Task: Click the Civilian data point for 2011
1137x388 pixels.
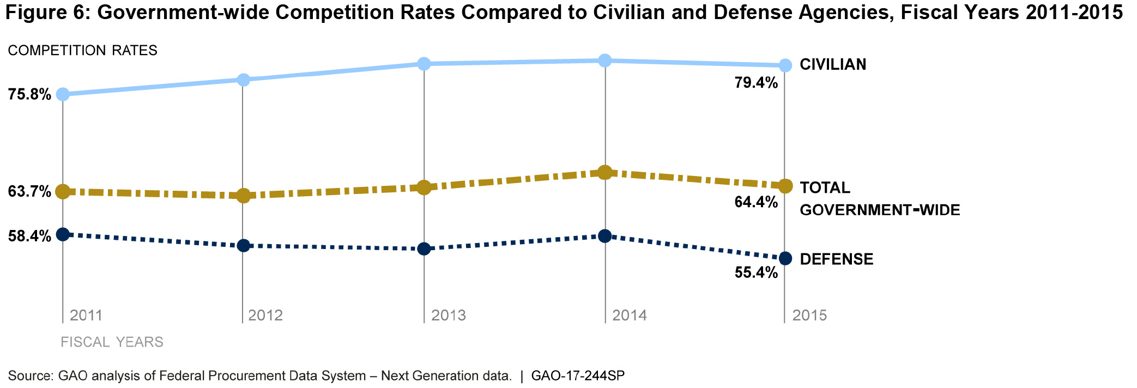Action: click(x=63, y=94)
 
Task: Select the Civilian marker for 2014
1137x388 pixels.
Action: click(x=604, y=60)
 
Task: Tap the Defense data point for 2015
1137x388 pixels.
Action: click(x=785, y=258)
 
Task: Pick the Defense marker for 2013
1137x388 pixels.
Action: click(x=424, y=249)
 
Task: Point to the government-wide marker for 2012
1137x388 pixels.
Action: click(x=244, y=195)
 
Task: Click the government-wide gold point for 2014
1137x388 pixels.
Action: click(x=604, y=172)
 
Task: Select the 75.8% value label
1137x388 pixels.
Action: click(x=29, y=95)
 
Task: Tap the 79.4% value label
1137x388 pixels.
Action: click(x=756, y=83)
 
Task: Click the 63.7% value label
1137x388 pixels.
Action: click(x=29, y=192)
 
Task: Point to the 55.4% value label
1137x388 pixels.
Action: click(x=756, y=272)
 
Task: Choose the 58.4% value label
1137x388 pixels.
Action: click(x=29, y=236)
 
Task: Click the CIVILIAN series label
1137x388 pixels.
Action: click(x=833, y=65)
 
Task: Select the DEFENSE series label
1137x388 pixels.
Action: click(x=836, y=259)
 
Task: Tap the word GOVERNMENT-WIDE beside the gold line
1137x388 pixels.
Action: click(x=879, y=210)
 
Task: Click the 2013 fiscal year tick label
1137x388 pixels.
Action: click(x=449, y=316)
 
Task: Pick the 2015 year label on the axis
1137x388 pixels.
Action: click(x=809, y=316)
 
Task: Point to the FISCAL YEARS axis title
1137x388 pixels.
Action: click(x=112, y=342)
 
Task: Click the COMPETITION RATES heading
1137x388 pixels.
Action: click(x=82, y=51)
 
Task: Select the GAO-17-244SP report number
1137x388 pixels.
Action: click(x=577, y=376)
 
